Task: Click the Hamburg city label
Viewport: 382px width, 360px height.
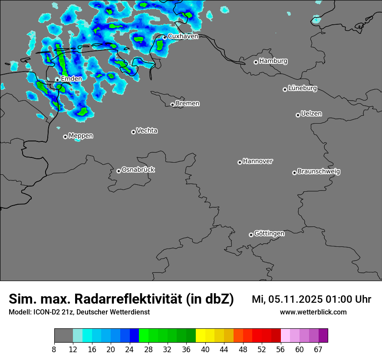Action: coord(273,61)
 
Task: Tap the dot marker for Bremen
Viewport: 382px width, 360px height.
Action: coord(172,105)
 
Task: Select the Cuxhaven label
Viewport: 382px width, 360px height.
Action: coord(183,36)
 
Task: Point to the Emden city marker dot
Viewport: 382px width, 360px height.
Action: coord(57,80)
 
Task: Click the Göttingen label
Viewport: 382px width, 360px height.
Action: coord(269,234)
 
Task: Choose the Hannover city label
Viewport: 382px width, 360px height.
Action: coord(257,161)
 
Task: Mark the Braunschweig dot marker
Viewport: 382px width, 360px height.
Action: coord(294,173)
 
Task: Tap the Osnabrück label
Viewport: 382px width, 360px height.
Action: coord(138,170)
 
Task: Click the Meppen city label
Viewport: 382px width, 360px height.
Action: coord(81,136)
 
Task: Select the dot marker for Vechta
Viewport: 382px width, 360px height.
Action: coord(133,132)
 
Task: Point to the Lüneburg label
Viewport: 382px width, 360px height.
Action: coord(302,88)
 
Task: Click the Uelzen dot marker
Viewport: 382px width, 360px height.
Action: coord(298,115)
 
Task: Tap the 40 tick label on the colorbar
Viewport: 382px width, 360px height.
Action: coord(205,350)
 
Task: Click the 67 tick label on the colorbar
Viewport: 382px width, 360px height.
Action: coord(318,350)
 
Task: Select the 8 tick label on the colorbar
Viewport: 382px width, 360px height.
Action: coord(54,350)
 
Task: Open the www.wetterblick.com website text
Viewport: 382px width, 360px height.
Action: coord(313,312)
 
